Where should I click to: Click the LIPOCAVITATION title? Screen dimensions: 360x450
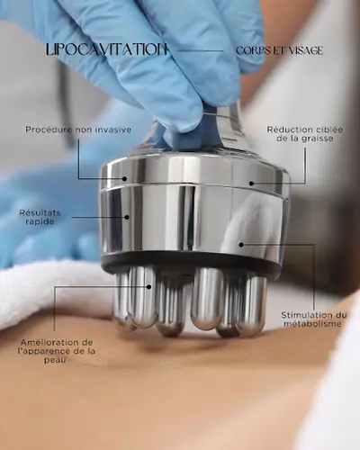click(106, 49)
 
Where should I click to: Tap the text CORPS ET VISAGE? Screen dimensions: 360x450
click(279, 50)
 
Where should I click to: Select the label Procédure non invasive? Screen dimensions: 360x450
click(78, 130)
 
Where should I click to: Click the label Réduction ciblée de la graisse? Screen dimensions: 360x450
click(305, 134)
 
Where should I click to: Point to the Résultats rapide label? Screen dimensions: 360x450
click(40, 217)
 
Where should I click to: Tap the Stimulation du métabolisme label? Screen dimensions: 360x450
click(313, 319)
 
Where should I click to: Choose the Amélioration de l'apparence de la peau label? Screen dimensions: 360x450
click(57, 351)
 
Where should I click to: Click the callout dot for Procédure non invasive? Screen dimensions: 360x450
click(124, 179)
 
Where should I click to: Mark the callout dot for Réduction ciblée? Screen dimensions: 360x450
click(251, 184)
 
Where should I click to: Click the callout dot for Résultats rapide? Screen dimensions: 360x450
click(127, 217)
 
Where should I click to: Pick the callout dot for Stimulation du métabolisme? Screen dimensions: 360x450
click(241, 245)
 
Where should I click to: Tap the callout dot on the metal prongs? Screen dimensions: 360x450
click(148, 287)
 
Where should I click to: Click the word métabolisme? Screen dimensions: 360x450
click(312, 324)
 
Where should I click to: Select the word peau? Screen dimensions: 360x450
click(55, 360)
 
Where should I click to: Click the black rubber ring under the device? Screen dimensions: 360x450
click(192, 262)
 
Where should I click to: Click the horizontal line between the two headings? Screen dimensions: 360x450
click(200, 50)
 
